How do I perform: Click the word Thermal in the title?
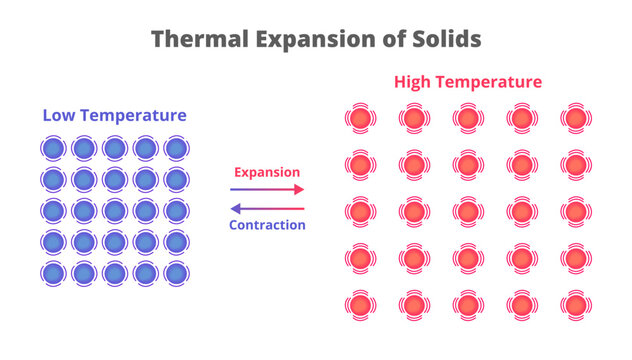196,39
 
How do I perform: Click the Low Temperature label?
114,116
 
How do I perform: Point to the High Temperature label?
468,82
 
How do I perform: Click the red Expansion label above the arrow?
267,172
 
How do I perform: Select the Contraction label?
267,225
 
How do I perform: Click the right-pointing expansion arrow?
267,189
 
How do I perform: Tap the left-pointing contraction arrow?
267,208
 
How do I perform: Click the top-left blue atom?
52,149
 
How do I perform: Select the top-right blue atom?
177,149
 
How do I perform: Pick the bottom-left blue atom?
52,273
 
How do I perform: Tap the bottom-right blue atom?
177,273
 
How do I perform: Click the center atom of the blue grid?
114,211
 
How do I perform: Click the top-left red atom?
360,119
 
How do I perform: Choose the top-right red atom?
575,119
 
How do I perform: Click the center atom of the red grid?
467,211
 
